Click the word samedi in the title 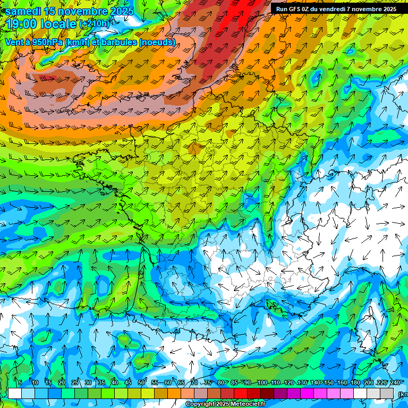pyautogui.click(x=23, y=11)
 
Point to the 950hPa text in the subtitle pyautogui.click(x=48, y=42)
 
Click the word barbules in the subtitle pyautogui.click(x=120, y=42)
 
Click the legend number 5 pyautogui.click(x=20, y=382)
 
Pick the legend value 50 pyautogui.click(x=141, y=382)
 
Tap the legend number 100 pyautogui.click(x=262, y=382)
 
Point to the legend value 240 pyautogui.click(x=395, y=382)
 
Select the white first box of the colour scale pyautogui.click(x=15, y=394)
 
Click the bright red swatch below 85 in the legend pyautogui.click(x=241, y=394)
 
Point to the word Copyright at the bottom pyautogui.click(x=201, y=404)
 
